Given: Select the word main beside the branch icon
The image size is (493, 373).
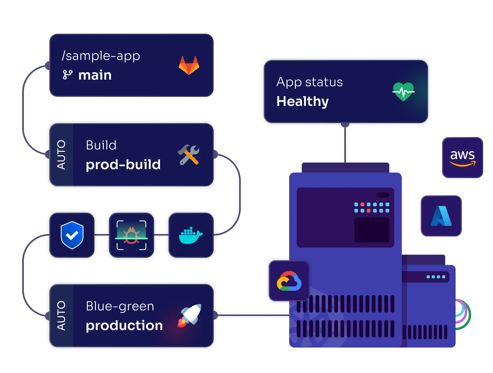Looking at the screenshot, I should (95, 75).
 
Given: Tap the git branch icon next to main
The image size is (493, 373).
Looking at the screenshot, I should (67, 75).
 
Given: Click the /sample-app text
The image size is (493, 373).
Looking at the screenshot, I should (101, 56).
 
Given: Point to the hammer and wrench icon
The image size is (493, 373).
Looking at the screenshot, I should (188, 155).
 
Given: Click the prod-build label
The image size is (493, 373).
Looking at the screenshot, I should (123, 164).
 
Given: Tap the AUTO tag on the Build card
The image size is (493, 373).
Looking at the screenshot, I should (61, 155).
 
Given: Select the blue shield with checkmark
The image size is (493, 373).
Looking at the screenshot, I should (72, 235).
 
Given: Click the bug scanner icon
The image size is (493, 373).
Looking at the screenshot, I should (131, 235).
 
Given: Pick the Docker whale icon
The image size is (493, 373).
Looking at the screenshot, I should (191, 235).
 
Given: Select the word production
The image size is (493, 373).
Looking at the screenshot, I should (124, 325).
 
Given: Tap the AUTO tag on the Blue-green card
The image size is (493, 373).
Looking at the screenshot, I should (61, 316).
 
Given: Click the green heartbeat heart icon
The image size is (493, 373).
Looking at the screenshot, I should (403, 92).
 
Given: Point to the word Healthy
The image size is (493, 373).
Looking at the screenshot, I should (302, 101).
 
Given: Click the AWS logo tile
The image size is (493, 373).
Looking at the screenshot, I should (462, 158).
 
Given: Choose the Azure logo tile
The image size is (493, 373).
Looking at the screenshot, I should (441, 216).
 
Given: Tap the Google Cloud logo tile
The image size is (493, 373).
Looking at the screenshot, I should (289, 281).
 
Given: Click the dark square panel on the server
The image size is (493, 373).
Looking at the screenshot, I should (372, 230).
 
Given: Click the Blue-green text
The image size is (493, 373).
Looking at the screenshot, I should (120, 306).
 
